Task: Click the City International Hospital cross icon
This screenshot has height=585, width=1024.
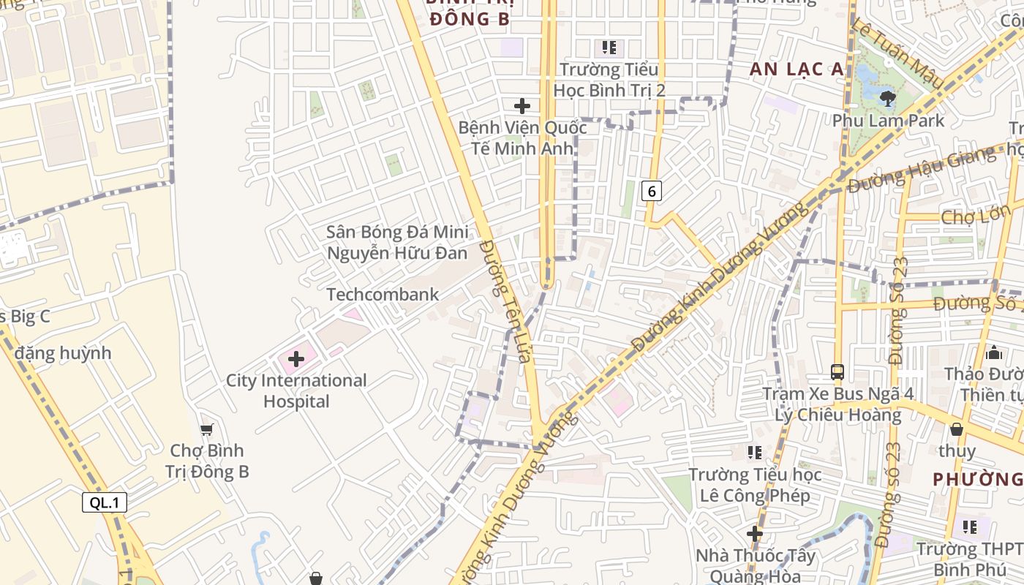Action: click(296, 359)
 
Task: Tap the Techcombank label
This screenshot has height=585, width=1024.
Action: click(383, 295)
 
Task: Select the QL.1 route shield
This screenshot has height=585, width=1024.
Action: click(105, 502)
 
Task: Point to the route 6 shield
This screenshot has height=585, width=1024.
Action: click(651, 192)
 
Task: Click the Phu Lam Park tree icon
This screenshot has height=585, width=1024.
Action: click(888, 98)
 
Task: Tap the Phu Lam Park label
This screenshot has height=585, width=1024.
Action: click(889, 120)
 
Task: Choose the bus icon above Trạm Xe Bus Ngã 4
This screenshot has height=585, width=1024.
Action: click(837, 372)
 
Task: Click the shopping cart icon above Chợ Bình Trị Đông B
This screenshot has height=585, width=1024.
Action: click(207, 429)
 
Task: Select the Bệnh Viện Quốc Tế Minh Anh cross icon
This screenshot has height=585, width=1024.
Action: click(522, 105)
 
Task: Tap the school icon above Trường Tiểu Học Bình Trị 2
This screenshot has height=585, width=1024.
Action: click(609, 48)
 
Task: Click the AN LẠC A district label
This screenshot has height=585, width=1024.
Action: click(797, 69)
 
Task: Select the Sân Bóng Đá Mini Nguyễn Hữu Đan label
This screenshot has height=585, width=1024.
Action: click(397, 243)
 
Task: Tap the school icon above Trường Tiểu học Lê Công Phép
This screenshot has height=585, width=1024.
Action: click(755, 453)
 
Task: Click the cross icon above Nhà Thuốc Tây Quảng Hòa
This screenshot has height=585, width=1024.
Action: click(755, 534)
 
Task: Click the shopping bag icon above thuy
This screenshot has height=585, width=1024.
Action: click(956, 429)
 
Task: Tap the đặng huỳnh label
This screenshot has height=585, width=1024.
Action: click(63, 353)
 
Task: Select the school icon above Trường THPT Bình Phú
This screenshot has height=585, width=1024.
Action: click(970, 527)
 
